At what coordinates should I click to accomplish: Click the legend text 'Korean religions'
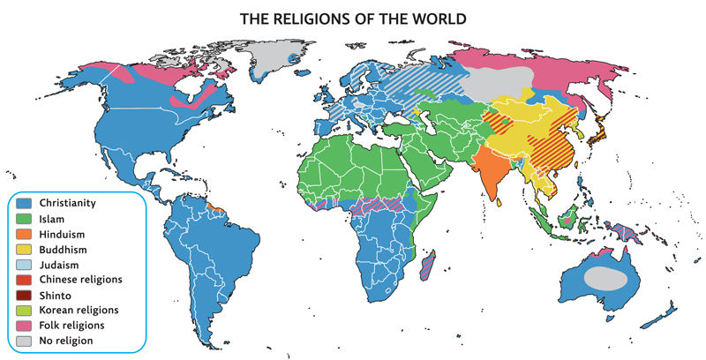80,311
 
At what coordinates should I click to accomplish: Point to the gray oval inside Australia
609,279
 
